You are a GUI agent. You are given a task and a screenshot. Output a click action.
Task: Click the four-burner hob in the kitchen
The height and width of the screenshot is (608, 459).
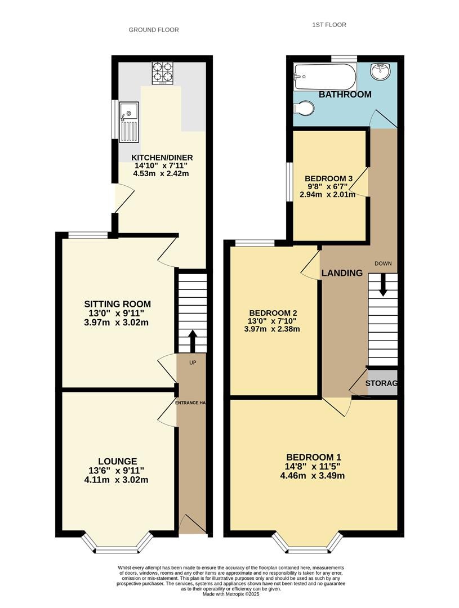coord(162,73)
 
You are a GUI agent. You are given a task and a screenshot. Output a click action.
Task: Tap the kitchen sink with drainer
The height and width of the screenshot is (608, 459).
coord(129,122)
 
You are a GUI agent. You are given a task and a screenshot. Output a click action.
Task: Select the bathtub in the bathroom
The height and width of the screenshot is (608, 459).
coord(325,77)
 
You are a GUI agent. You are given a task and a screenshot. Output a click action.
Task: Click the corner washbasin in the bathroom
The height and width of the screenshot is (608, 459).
coord(382,71)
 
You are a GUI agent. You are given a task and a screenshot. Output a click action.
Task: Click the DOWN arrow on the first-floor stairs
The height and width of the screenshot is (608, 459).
coord(383,285)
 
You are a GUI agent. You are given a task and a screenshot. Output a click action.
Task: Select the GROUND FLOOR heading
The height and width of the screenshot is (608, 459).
coord(154,30)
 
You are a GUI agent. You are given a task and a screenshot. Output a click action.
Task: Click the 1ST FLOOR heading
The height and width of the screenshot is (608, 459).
coord(329,25)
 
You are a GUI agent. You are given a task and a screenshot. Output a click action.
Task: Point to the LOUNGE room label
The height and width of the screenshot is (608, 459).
coord(117,462)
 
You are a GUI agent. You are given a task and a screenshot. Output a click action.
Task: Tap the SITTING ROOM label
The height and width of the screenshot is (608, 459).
coord(118,304)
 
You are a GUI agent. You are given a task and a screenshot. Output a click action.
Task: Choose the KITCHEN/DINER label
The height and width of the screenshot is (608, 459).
coord(162,158)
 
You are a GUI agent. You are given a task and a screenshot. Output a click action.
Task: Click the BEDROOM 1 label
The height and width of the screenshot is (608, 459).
coord(314,457)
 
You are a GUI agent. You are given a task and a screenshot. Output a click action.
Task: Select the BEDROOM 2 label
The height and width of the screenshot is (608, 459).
coord(273,313)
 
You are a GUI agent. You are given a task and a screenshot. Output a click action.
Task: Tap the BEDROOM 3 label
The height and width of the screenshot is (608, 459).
coord(328,179)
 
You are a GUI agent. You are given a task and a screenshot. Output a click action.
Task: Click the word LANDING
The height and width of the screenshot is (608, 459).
coord(342,273)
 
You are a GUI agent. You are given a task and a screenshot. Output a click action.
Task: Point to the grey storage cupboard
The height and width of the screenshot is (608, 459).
coord(382,383)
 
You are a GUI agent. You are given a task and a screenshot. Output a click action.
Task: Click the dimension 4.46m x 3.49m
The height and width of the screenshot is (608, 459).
coord(313,475)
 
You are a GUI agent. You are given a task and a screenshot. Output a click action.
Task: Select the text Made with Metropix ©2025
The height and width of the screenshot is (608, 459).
coord(231,594)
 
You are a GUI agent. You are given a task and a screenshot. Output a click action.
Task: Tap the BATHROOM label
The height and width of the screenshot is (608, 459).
coord(345,94)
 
